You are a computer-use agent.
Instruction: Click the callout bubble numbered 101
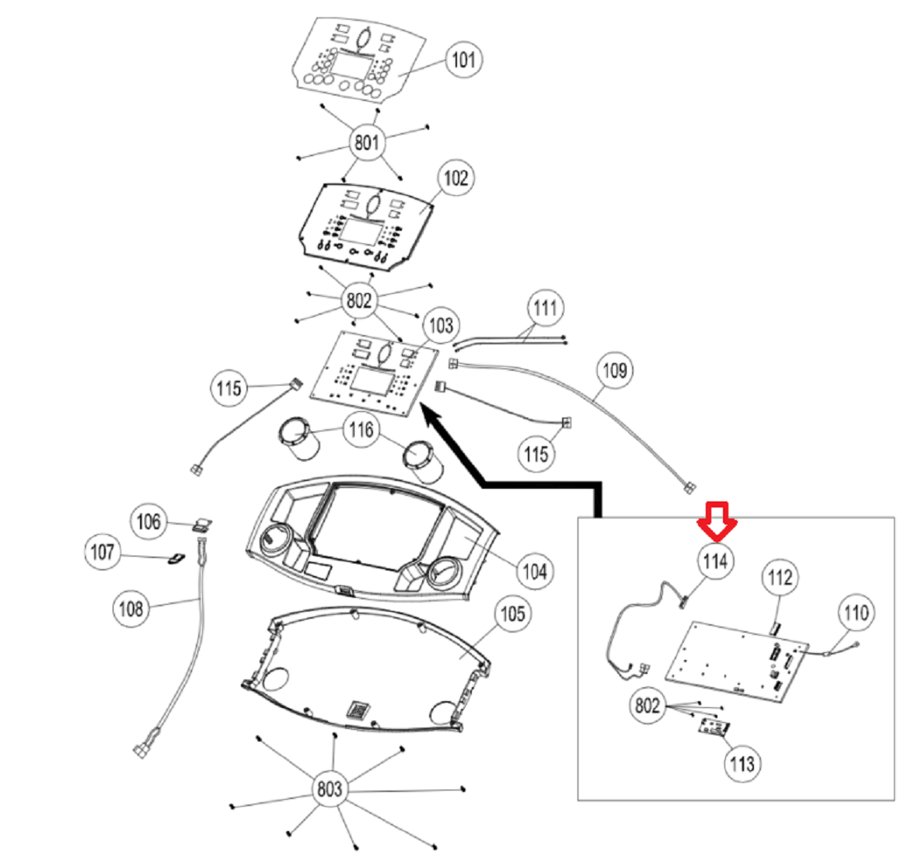[x=464, y=59]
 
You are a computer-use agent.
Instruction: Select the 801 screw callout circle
[x=367, y=141]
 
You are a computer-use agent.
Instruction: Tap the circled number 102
[x=456, y=177]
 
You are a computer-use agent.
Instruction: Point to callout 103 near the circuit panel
[x=441, y=325]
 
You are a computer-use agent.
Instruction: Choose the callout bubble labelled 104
[x=535, y=571]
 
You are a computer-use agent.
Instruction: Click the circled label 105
[x=514, y=614]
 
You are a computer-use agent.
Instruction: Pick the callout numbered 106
[x=148, y=521]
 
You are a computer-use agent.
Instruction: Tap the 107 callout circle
[x=103, y=551]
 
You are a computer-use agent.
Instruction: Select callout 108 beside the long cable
[x=131, y=609]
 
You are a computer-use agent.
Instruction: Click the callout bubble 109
[x=615, y=370]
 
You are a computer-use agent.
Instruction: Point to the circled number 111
[x=546, y=308]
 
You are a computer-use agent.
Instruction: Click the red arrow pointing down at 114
[x=717, y=521]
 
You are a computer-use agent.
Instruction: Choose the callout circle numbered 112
[x=780, y=578]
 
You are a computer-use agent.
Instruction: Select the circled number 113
[x=742, y=763]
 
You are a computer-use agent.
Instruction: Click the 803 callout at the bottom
[x=330, y=788]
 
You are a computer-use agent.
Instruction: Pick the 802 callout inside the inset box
[x=647, y=705]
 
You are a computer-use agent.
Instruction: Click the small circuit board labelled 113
[x=714, y=728]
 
